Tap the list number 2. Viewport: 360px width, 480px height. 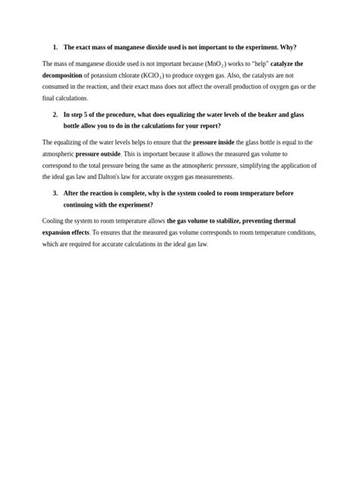point(55,114)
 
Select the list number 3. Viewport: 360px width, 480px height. point(55,193)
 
